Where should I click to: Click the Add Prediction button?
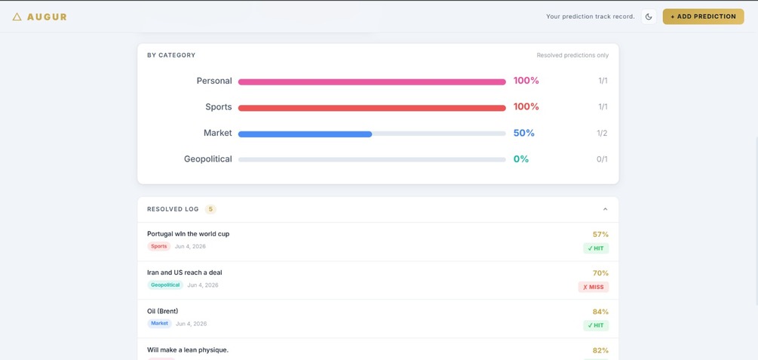point(703,17)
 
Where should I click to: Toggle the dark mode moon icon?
point(649,17)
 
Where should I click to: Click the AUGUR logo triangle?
point(17,17)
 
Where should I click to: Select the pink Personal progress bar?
point(372,82)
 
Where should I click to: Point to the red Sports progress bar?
point(372,108)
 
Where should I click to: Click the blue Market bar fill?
point(305,134)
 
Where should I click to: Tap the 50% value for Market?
point(524,133)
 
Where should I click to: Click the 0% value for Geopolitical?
point(521,159)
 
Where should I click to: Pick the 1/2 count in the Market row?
point(602,133)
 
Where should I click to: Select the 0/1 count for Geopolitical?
point(602,159)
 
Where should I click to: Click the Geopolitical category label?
point(208,159)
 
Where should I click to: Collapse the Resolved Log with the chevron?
point(605,209)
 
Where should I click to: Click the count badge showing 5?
point(210,209)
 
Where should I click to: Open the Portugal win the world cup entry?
point(188,234)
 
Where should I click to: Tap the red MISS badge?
point(594,287)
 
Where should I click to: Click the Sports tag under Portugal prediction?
point(158,246)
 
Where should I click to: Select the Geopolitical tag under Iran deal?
point(165,285)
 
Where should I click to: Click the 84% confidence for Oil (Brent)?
point(600,312)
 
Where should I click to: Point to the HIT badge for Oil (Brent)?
point(596,325)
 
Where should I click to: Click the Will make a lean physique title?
point(188,350)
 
